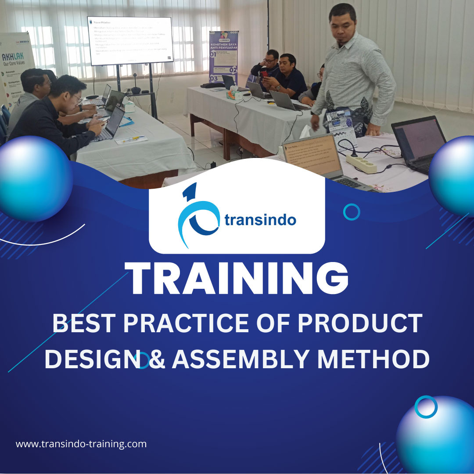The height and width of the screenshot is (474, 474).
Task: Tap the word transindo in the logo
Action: click(260, 220)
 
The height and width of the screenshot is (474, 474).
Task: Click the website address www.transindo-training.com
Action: click(81, 444)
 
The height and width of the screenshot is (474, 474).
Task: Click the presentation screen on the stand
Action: click(130, 40)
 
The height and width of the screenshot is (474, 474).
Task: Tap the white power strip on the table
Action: click(362, 163)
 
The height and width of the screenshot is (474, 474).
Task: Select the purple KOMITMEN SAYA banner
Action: click(223, 57)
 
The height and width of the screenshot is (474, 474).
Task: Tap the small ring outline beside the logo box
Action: click(352, 212)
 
